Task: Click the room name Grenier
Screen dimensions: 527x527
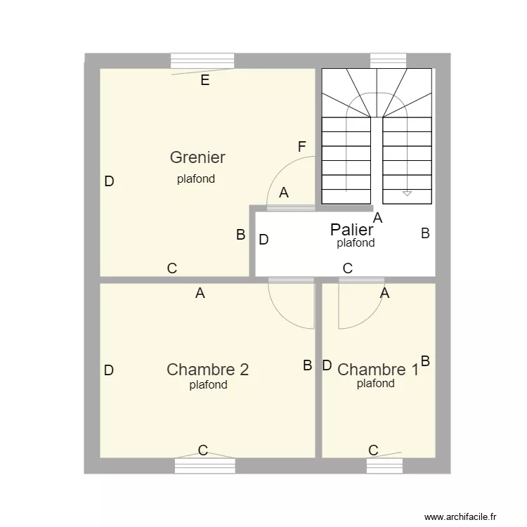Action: (x=197, y=157)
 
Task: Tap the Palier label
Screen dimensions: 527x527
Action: (x=351, y=230)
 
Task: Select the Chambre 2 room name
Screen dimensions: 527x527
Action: (x=207, y=370)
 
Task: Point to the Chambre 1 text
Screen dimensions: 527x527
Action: (x=377, y=370)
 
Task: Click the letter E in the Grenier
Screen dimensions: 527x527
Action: (x=204, y=80)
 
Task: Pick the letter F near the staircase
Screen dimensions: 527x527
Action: (x=302, y=147)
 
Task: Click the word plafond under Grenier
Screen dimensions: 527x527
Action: (x=196, y=179)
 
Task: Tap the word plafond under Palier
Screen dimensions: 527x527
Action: (x=356, y=244)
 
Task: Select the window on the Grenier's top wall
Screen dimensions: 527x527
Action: (x=203, y=61)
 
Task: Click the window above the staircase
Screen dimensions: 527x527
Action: (x=388, y=60)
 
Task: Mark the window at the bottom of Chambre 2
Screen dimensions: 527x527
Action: (x=204, y=465)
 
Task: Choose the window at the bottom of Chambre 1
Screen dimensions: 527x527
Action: (x=384, y=465)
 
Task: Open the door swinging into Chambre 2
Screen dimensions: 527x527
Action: (x=291, y=306)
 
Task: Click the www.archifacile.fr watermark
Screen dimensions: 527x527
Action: (x=464, y=516)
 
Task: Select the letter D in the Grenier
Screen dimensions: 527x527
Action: (x=109, y=181)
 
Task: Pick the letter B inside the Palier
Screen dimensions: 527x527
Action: (x=425, y=234)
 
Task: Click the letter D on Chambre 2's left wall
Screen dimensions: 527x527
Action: (x=109, y=370)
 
